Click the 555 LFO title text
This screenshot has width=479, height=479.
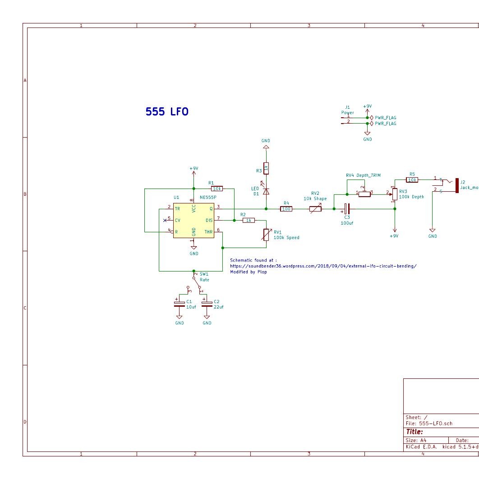pyautogui.click(x=167, y=112)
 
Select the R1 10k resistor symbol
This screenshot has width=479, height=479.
pyautogui.click(x=217, y=189)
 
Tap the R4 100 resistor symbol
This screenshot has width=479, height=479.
pyautogui.click(x=286, y=209)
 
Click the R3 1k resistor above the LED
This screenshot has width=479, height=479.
pyautogui.click(x=266, y=168)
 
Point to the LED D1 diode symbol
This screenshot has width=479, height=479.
pyautogui.click(x=266, y=191)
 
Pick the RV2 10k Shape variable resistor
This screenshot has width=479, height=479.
pyautogui.click(x=315, y=209)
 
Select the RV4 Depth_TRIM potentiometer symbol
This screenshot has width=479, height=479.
pyautogui.click(x=364, y=193)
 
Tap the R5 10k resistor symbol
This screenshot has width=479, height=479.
pyautogui.click(x=412, y=180)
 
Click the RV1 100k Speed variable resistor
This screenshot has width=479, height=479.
pyautogui.click(x=266, y=235)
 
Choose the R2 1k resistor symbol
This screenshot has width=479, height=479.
pyautogui.click(x=249, y=220)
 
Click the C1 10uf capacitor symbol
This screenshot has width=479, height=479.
pyautogui.click(x=180, y=303)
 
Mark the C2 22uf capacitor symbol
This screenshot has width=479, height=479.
pyautogui.click(x=207, y=303)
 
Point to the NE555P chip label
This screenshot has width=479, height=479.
pyautogui.click(x=208, y=198)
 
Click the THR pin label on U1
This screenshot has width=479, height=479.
pyautogui.click(x=208, y=232)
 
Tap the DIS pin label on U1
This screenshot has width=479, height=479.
pyautogui.click(x=209, y=220)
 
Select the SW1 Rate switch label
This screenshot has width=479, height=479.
pyautogui.click(x=204, y=277)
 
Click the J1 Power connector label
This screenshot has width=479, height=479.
pyautogui.click(x=347, y=110)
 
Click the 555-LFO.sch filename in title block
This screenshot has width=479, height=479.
pyautogui.click(x=428, y=424)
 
